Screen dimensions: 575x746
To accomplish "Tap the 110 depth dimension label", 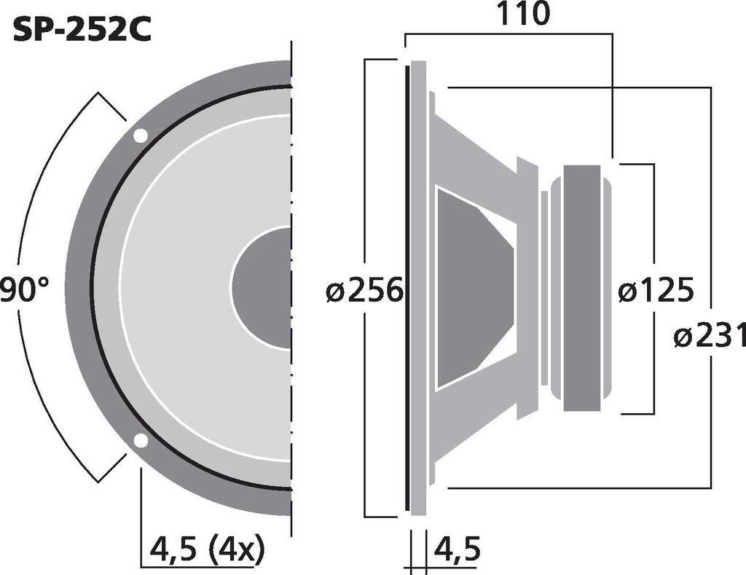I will point(523,14).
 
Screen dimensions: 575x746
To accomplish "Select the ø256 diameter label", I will point(364,292).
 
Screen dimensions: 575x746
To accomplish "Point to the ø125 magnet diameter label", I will point(655,292).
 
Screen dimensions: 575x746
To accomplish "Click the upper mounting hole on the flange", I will point(140,136).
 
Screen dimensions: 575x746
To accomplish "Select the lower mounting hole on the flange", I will point(141,440).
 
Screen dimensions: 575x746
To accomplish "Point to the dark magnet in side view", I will point(581,288).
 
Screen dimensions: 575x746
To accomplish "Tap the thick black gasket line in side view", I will point(407,288).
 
